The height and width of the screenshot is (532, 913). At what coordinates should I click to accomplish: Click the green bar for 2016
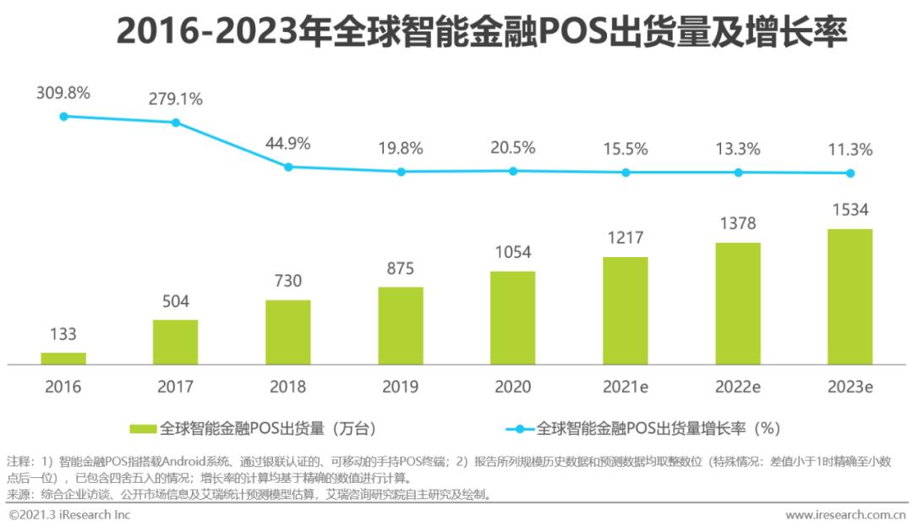(63, 359)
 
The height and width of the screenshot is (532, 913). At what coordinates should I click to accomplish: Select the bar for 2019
(401, 326)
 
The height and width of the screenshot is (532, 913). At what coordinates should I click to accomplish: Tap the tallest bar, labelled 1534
(850, 296)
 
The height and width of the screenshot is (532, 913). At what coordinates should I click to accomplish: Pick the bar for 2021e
(626, 310)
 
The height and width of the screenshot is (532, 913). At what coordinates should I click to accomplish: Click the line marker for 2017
(176, 123)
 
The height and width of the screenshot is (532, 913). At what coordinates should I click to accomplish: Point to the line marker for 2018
(288, 167)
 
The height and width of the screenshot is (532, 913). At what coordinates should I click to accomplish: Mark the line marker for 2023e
(850, 173)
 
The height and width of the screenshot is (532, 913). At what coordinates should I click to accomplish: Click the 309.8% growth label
(63, 93)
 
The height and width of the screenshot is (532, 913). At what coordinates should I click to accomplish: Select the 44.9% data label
(288, 144)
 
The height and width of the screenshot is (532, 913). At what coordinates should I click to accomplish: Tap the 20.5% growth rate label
(513, 148)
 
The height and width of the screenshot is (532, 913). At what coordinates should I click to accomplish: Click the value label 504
(176, 302)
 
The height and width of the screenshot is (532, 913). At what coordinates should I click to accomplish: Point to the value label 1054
(513, 253)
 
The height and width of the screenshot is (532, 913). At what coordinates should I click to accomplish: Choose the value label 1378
(738, 224)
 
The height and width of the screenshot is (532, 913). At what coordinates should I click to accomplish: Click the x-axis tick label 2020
(513, 387)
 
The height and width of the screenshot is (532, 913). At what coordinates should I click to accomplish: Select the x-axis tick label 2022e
(738, 387)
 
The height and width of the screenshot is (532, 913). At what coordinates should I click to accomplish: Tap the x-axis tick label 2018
(288, 387)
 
